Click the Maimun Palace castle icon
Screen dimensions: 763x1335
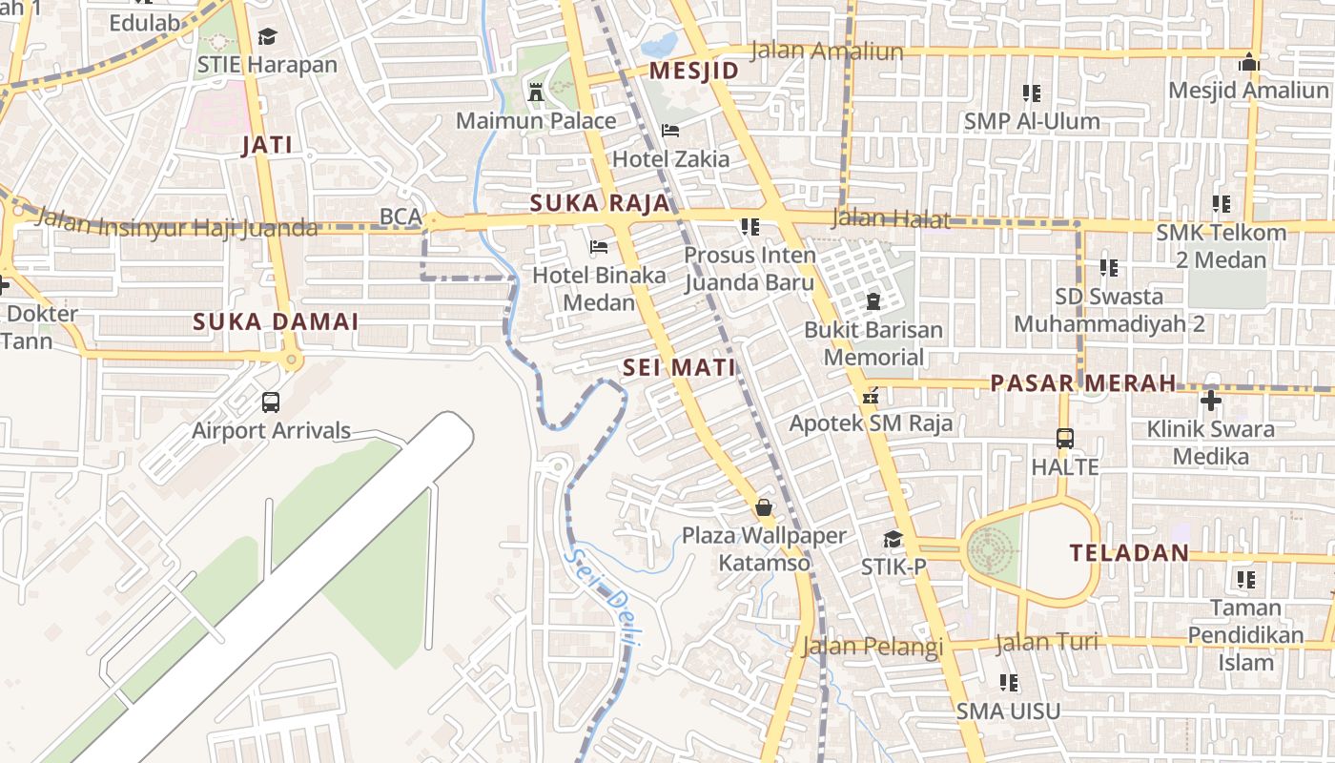(536, 93)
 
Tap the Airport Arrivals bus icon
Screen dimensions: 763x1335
(271, 402)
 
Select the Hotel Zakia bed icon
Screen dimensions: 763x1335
(670, 131)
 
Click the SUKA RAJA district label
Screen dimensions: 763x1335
(600, 203)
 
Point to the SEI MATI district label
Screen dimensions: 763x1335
(679, 367)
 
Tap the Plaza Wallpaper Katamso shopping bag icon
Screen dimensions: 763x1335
(763, 506)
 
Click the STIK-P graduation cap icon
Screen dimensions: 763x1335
(893, 539)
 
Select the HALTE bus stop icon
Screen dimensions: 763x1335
(1065, 439)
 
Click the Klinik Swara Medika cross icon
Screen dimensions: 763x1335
(1211, 401)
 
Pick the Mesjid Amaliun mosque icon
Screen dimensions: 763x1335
(1248, 63)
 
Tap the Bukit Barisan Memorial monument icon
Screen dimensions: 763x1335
(873, 302)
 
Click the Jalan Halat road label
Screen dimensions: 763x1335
(891, 218)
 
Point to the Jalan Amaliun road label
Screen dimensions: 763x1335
(827, 51)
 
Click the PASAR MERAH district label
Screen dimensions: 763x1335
(1083, 383)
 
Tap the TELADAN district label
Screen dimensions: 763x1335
(1129, 552)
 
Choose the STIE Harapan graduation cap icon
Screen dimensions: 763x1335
(267, 36)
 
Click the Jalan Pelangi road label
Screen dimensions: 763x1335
(872, 646)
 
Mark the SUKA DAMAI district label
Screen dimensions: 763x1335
(276, 321)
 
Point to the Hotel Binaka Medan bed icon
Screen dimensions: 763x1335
(599, 247)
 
